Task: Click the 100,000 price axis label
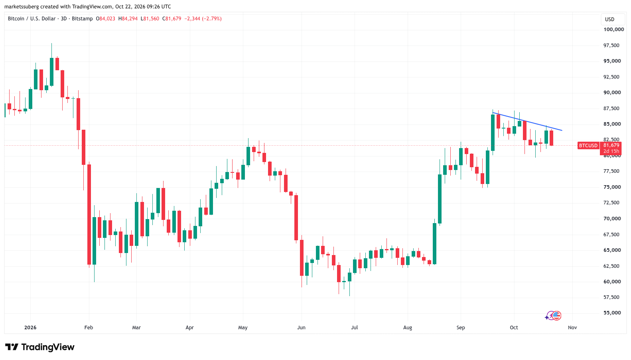pos(613,29)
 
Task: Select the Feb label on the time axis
pos(89,328)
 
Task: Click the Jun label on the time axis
pos(302,328)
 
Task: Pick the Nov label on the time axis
pos(572,328)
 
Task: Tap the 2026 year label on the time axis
pos(30,328)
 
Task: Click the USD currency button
pos(610,20)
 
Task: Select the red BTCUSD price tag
pos(588,145)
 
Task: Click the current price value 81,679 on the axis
pos(611,145)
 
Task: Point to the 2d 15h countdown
pos(611,151)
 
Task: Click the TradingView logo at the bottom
pos(40,347)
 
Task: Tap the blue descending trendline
pos(527,121)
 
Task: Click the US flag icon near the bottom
pos(557,316)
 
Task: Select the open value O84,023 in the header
pos(106,19)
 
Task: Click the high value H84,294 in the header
pos(128,19)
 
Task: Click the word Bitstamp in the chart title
pos(82,19)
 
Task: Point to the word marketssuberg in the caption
pos(22,6)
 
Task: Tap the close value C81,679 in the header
pos(172,19)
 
